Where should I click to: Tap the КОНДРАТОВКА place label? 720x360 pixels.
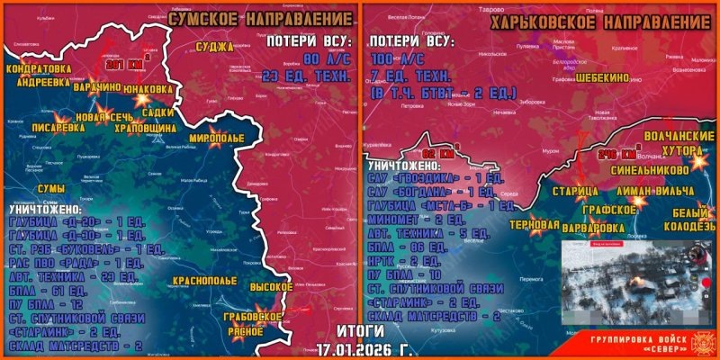tap(35, 67)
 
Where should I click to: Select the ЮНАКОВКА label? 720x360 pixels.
tap(148, 89)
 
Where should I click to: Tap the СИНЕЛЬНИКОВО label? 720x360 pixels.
tap(662, 168)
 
